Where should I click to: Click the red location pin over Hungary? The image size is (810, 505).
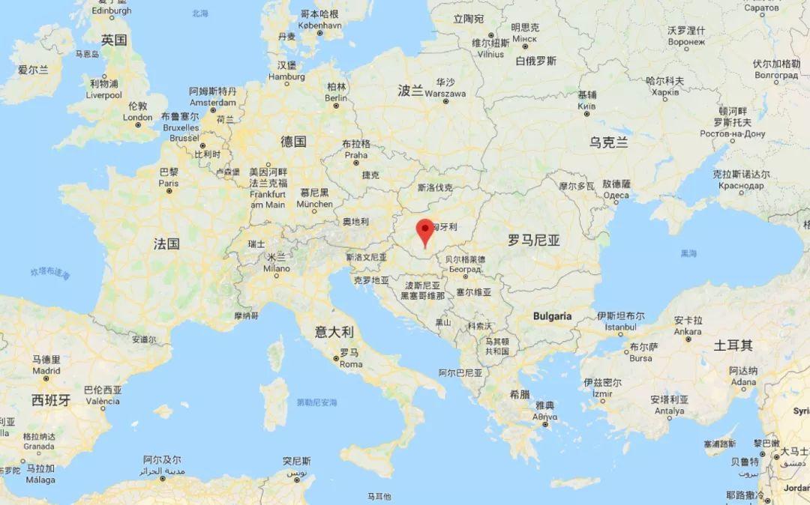point(425,229)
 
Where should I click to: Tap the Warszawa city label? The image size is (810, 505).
point(445,94)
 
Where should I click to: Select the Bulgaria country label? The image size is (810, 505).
point(552,316)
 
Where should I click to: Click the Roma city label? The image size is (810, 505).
point(351,364)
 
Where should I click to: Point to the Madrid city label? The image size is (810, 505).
point(46,370)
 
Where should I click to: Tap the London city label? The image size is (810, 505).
point(137,117)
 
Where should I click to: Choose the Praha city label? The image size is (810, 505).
point(356,155)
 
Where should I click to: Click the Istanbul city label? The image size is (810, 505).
point(620,327)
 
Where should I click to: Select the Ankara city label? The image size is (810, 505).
point(688,331)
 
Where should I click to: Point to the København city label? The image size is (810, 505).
point(319,24)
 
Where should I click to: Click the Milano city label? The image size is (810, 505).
point(276,267)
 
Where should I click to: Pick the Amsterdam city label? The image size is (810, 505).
point(213,102)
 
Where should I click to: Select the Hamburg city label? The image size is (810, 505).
point(286,76)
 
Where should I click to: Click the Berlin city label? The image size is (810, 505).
point(336,98)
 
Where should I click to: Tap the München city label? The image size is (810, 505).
point(314,204)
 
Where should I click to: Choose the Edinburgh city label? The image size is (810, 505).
point(111,11)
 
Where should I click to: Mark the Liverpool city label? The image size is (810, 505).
point(105,95)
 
